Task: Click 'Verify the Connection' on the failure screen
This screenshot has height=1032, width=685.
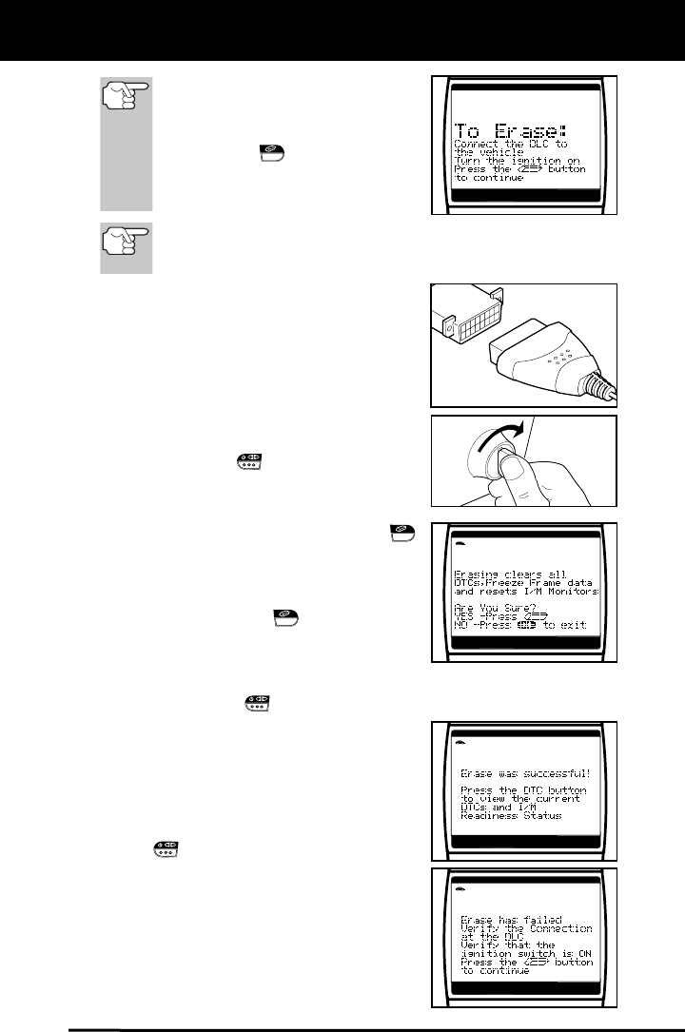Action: [526, 928]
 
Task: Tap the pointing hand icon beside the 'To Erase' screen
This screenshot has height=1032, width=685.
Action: [126, 100]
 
